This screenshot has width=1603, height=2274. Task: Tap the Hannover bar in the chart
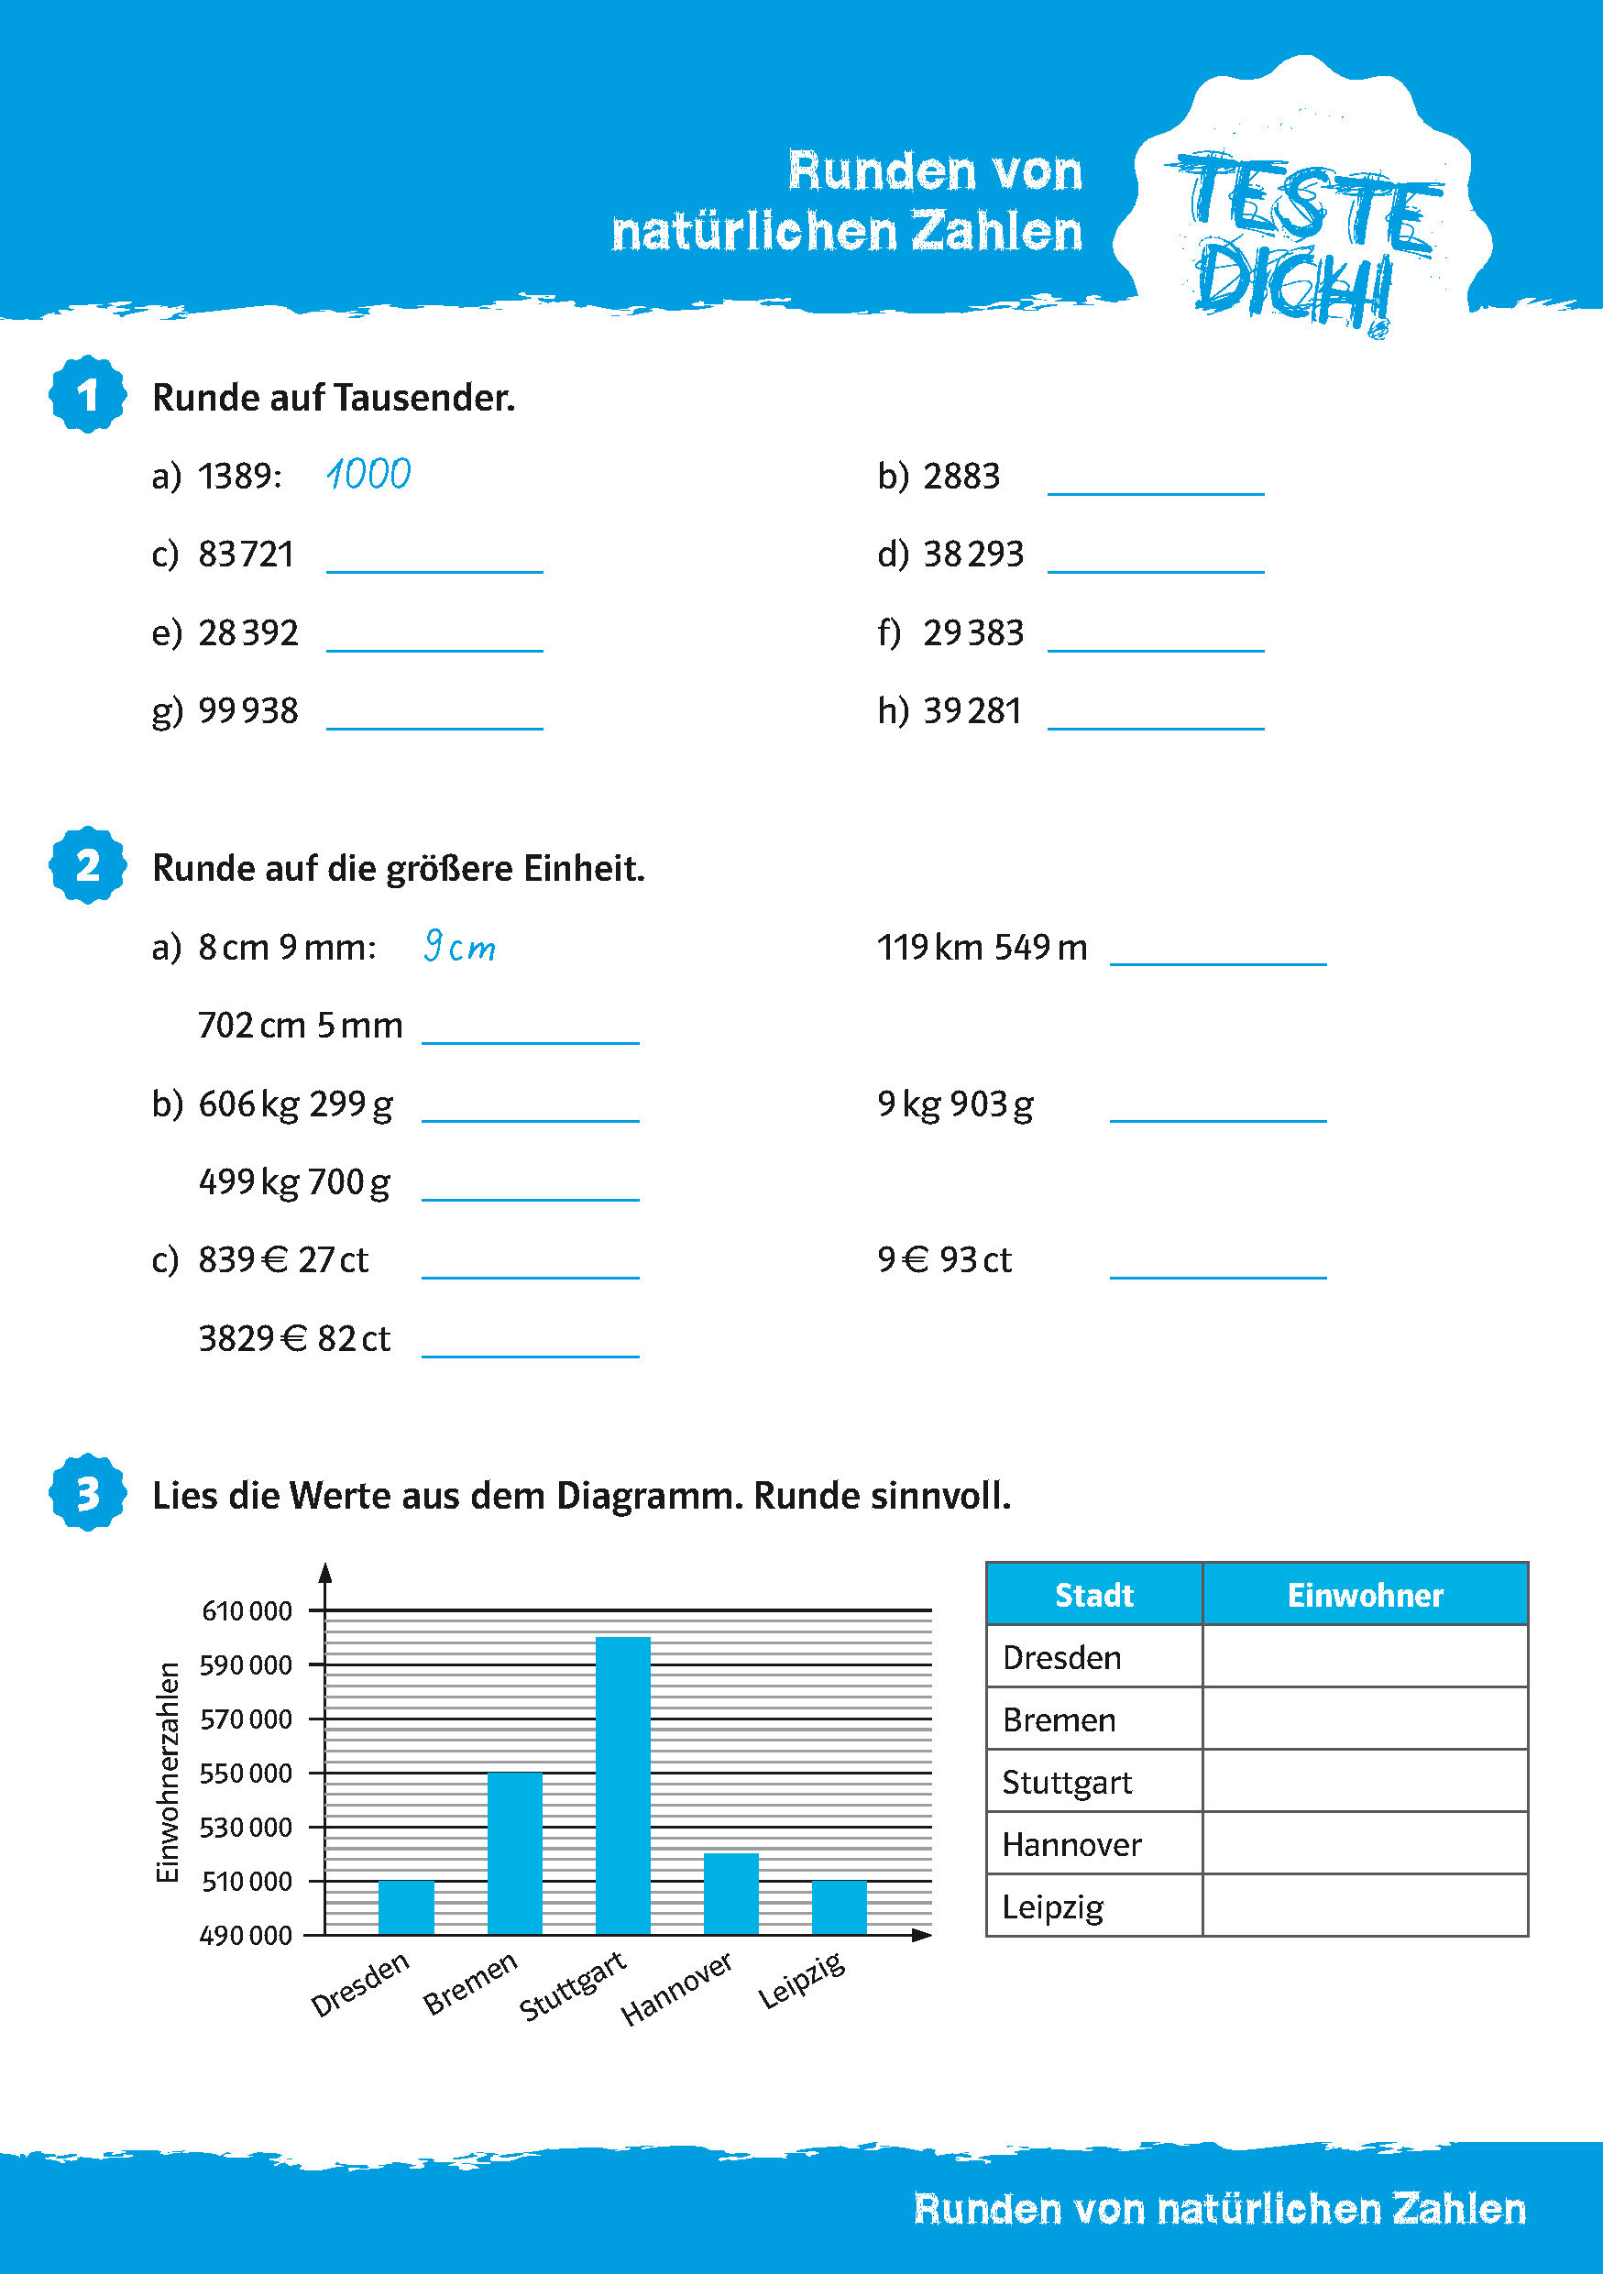coord(730,1893)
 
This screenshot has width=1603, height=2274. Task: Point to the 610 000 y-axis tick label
coord(247,1611)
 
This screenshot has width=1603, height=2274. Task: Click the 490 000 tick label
coord(247,1935)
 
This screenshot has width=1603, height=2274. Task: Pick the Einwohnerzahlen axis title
coord(169,1772)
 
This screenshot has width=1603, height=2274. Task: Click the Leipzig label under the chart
coord(802,1980)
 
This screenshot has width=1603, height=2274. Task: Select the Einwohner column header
coord(1365,1595)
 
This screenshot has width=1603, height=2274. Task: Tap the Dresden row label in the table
coord(1061,1657)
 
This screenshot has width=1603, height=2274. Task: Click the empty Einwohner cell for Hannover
coord(1365,1843)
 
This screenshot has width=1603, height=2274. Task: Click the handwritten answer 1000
coord(368,475)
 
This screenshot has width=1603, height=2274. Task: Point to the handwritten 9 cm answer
coord(459,947)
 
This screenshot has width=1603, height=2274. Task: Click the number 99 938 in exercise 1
coord(247,711)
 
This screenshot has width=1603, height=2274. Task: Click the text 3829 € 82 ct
coord(294,1339)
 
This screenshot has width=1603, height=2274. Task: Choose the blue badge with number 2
coord(88,865)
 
